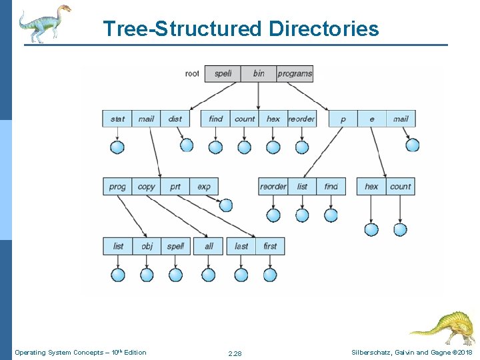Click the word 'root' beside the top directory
[192, 73]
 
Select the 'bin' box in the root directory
[258, 73]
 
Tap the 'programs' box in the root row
[294, 73]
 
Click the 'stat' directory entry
[117, 119]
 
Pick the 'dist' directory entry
[175, 119]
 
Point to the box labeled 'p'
[343, 119]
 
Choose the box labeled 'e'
[371, 119]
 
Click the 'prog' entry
[117, 187]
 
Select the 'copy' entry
[146, 187]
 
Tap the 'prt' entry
[175, 187]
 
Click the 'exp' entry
[203, 187]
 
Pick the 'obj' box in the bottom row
[147, 246]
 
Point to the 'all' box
[209, 246]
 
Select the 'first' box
[270, 246]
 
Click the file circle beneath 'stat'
[117, 147]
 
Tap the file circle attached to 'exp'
[226, 205]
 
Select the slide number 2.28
[235, 353]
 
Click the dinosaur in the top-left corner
[44, 23]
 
